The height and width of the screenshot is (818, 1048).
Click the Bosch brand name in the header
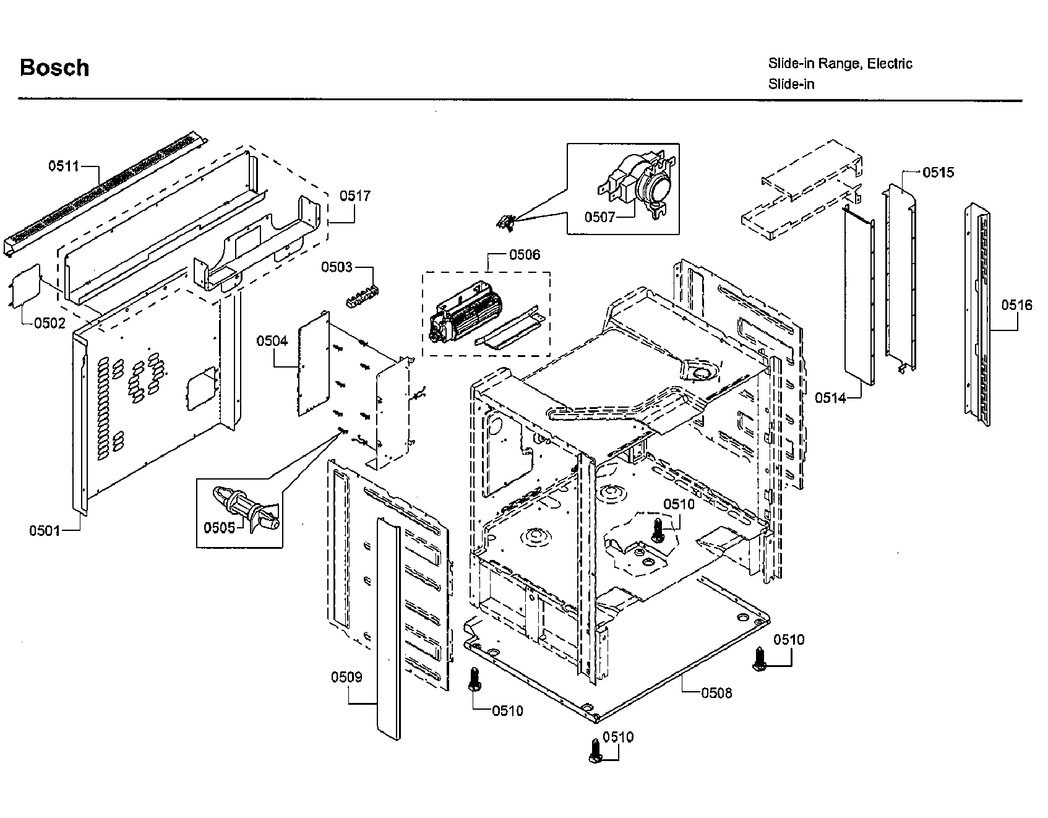[54, 67]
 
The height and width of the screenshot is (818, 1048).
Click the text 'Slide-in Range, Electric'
[840, 63]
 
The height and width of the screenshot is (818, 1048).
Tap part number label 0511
[64, 166]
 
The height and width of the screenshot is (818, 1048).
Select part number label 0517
[354, 196]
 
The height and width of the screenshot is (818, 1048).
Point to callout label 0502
[49, 322]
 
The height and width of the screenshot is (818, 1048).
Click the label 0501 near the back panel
[45, 530]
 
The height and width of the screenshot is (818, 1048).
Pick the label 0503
[337, 267]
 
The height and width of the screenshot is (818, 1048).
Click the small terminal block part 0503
[363, 296]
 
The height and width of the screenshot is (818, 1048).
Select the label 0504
[272, 341]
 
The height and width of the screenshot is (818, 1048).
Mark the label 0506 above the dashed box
[524, 254]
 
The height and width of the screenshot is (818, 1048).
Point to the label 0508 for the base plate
[716, 692]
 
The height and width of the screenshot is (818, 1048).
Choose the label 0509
[346, 677]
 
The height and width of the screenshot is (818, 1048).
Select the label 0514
[830, 398]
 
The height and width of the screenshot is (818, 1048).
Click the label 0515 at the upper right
[938, 172]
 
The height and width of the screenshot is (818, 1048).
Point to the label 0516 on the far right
[1016, 304]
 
